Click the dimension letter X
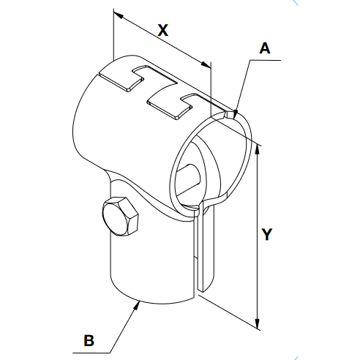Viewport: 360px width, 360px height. coord(163,30)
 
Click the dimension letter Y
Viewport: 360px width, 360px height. coord(267,234)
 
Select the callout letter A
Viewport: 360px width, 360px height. coord(265,48)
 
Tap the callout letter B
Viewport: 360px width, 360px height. coord(89,340)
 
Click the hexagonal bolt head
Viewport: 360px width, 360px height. coord(120,215)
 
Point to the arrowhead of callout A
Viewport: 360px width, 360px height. coord(235,114)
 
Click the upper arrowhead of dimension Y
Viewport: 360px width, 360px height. coord(257,149)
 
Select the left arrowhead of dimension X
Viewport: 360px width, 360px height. coord(119,15)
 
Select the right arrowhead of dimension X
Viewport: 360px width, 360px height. coord(206,64)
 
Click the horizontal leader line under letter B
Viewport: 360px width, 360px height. coord(91,353)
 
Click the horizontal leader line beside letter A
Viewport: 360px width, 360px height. coord(266,60)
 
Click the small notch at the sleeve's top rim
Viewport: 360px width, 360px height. coord(229,115)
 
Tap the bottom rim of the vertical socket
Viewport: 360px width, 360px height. coord(151,301)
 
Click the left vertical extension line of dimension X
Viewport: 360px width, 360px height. coord(113,34)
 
